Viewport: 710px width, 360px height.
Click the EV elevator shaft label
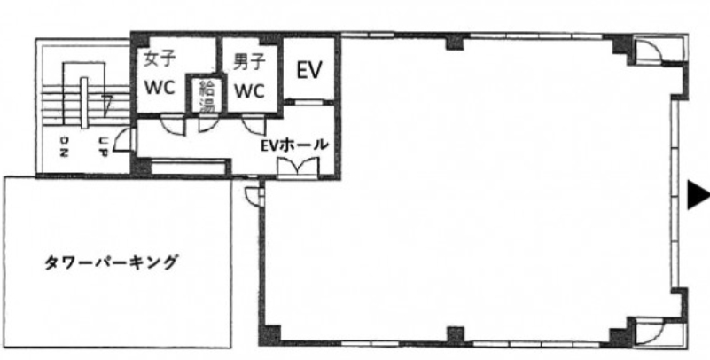[x=309, y=70]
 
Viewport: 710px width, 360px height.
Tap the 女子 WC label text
[x=160, y=74]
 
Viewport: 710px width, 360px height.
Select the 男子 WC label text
[x=249, y=76]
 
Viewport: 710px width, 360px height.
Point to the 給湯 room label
[x=207, y=97]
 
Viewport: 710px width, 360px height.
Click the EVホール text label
[x=293, y=145]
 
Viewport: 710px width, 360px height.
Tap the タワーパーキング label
[x=111, y=262]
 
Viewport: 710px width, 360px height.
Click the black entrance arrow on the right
[x=698, y=195]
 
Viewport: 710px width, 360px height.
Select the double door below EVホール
[x=299, y=167]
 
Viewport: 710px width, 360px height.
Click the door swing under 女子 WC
[x=174, y=124]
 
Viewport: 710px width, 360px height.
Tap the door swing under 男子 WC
[x=254, y=124]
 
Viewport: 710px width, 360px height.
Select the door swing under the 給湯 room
[x=207, y=122]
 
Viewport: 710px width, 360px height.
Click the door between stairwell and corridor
[x=123, y=139]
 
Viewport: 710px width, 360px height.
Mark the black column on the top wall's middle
[x=456, y=42]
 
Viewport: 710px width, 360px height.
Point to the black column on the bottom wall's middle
[x=456, y=335]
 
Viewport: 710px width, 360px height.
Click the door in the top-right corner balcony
[x=650, y=51]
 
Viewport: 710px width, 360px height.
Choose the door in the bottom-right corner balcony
[x=650, y=332]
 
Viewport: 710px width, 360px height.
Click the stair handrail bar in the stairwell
[x=84, y=103]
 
